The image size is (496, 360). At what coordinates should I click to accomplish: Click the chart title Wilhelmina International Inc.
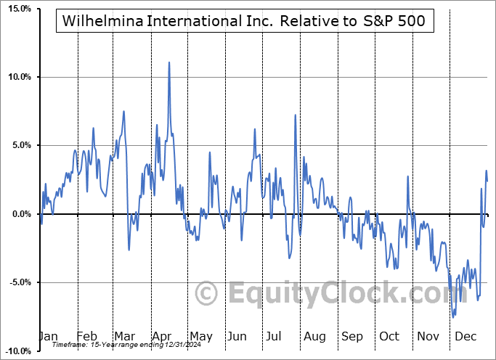coord(245,21)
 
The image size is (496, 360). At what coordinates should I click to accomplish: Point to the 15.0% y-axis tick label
coord(17,9)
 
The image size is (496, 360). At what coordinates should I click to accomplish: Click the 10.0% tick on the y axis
coord(17,77)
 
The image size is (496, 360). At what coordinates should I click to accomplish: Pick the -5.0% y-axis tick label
coord(17,282)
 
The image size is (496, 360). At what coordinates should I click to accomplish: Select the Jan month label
coord(47,337)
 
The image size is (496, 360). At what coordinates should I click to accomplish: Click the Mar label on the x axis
coord(123,337)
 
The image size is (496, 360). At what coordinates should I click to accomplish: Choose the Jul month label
coord(275,337)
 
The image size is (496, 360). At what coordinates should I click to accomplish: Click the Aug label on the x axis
coord(314,337)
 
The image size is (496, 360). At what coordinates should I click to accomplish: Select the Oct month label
coord(389,337)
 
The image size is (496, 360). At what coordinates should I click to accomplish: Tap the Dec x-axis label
coord(465,337)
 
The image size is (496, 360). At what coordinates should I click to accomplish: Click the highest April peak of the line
coord(169,62)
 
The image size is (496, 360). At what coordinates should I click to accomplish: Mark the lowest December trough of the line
coord(453,317)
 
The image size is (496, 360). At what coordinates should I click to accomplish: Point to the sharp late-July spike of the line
coord(295,115)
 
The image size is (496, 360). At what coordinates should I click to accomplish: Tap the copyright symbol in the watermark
coord(208,294)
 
